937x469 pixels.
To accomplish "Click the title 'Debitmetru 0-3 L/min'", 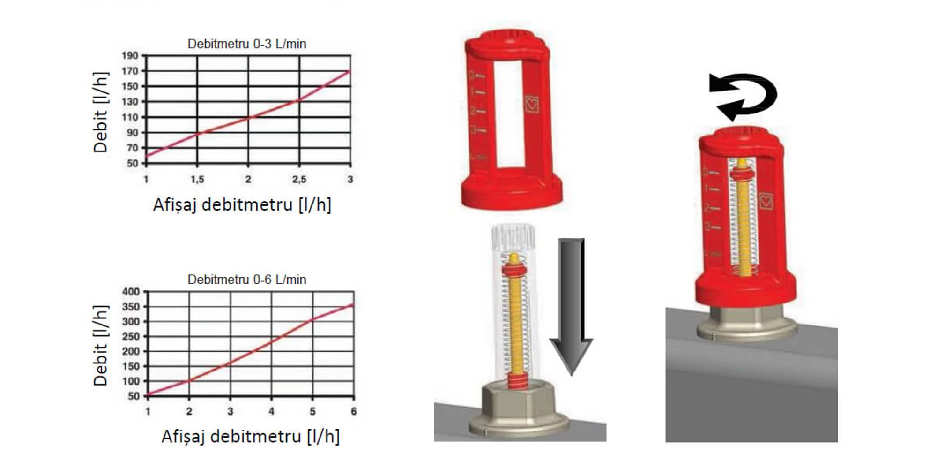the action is coord(247,44).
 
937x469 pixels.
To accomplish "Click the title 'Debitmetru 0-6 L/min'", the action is coord(247,280).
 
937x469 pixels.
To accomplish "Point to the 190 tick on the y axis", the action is coord(130,56).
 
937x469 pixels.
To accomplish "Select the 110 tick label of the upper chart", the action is coord(130,117).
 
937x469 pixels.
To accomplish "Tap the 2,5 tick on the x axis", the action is coord(299,179).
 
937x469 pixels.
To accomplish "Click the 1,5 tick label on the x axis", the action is coord(197,179).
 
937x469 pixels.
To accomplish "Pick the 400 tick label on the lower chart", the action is coord(131,292).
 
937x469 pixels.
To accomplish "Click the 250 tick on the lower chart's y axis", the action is coord(131,337).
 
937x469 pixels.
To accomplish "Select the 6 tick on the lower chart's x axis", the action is coord(354,411).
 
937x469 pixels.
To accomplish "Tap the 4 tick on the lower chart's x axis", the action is coord(271,411).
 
